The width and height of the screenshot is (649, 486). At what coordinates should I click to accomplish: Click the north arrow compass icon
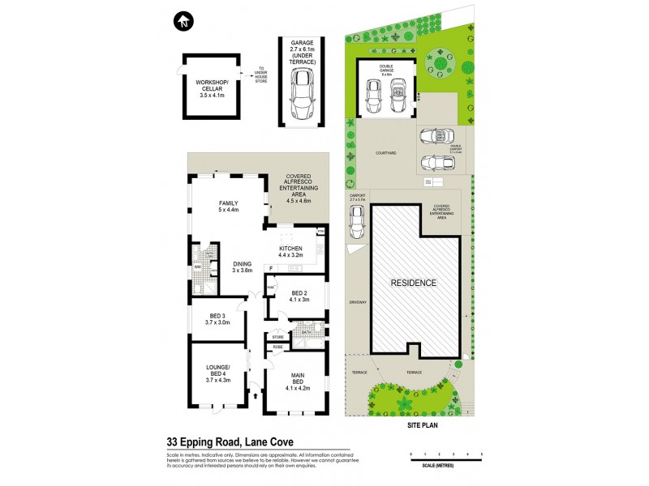[184, 20]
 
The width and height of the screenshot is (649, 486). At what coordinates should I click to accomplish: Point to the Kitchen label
[290, 252]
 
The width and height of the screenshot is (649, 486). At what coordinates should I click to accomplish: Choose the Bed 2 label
[299, 296]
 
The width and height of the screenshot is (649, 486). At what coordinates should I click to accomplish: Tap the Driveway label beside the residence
[358, 302]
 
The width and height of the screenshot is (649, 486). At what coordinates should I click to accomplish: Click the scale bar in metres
[446, 458]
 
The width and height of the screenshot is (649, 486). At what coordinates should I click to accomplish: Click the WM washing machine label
[197, 266]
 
